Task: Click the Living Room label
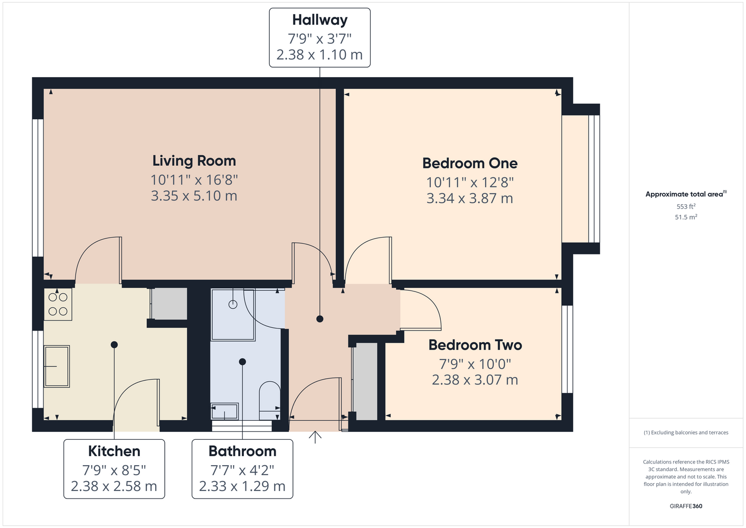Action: pyautogui.click(x=194, y=161)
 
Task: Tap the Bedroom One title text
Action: pyautogui.click(x=470, y=163)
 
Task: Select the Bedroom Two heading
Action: pyautogui.click(x=475, y=345)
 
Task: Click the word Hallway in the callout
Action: pyautogui.click(x=320, y=20)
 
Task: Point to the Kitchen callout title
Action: pyautogui.click(x=114, y=451)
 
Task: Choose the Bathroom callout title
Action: pyautogui.click(x=242, y=451)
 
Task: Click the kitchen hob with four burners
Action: pyautogui.click(x=58, y=304)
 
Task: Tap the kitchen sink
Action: pyautogui.click(x=56, y=366)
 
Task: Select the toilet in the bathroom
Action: pyautogui.click(x=270, y=400)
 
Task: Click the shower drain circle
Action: pyautogui.click(x=233, y=304)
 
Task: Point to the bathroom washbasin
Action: pyautogui.click(x=224, y=411)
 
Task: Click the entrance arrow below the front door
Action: pyautogui.click(x=315, y=437)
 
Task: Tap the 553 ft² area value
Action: pyautogui.click(x=686, y=206)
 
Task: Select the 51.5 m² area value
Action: pyautogui.click(x=686, y=217)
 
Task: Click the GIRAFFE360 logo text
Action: pyautogui.click(x=686, y=506)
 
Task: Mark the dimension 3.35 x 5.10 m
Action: pyautogui.click(x=194, y=195)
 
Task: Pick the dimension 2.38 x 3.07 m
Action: pyautogui.click(x=475, y=380)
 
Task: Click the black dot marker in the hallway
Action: pyautogui.click(x=320, y=319)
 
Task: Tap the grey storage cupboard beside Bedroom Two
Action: pyautogui.click(x=365, y=381)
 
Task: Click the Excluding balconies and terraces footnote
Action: pyautogui.click(x=686, y=432)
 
